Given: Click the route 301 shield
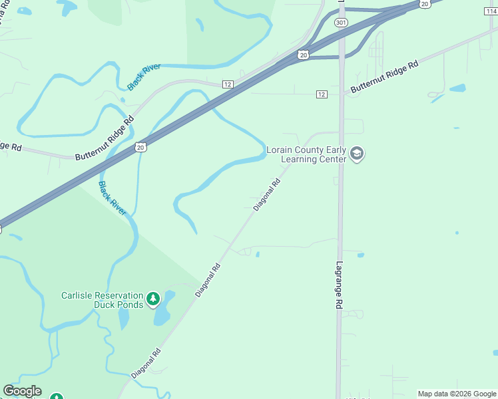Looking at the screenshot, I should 341,23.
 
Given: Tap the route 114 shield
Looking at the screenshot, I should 492,3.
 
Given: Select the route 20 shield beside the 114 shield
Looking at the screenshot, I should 424,4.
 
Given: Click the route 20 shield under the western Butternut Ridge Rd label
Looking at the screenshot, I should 140,147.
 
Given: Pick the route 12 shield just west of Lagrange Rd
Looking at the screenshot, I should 322,94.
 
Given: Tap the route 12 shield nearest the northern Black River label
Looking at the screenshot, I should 228,84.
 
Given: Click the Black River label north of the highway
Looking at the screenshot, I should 144,77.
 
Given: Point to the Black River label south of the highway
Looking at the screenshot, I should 112,198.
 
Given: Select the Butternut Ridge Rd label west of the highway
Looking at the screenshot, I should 105,138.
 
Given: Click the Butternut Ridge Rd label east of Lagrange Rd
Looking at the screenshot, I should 384,76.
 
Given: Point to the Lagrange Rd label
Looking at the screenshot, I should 338,284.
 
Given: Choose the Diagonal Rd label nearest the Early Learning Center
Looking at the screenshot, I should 267,194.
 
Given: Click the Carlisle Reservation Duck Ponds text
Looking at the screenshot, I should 102,300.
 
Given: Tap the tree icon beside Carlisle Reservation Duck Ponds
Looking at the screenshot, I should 154,299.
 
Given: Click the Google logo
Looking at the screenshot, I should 22,391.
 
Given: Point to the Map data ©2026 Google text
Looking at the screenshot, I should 456,394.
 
